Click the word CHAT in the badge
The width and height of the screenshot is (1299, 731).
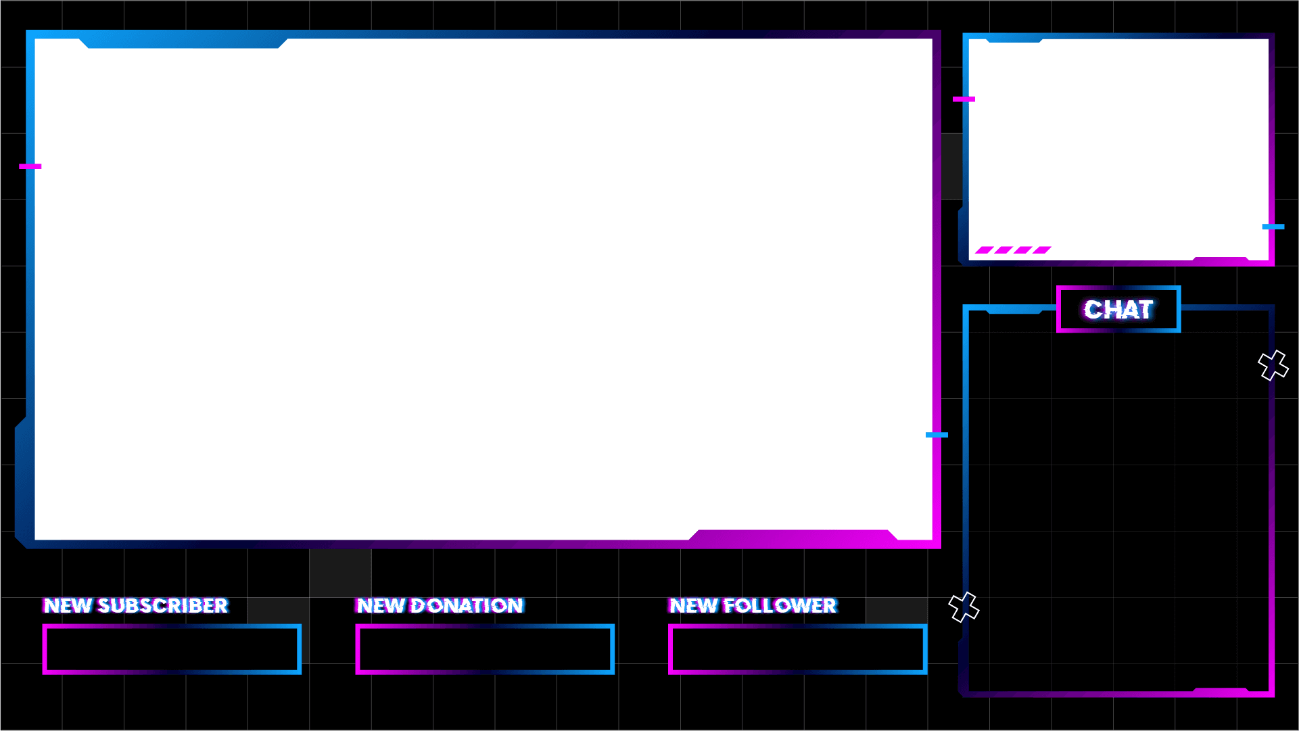pyautogui.click(x=1118, y=310)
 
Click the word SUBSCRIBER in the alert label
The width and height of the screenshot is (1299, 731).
pyautogui.click(x=163, y=605)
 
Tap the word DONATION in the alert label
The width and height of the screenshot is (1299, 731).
pyautogui.click(x=467, y=605)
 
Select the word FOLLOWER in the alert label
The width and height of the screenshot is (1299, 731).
pyautogui.click(x=780, y=605)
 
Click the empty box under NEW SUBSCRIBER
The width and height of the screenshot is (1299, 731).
pyautogui.click(x=172, y=649)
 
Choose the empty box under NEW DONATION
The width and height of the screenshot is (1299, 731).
pyautogui.click(x=485, y=649)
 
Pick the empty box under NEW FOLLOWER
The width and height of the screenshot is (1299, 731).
pyautogui.click(x=797, y=649)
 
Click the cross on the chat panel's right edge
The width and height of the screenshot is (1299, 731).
pyautogui.click(x=1273, y=365)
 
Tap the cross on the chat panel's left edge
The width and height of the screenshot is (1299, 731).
pyautogui.click(x=964, y=607)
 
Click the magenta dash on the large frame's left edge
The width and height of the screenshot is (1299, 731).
pyautogui.click(x=30, y=166)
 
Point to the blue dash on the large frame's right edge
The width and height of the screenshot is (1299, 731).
pyautogui.click(x=937, y=435)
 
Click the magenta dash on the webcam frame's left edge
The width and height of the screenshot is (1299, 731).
pyautogui.click(x=964, y=99)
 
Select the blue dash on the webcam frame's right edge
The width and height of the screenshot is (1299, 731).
pyautogui.click(x=1273, y=227)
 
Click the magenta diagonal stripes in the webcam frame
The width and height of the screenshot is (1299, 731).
pyautogui.click(x=1013, y=250)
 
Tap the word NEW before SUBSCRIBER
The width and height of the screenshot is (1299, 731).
pyautogui.click(x=68, y=605)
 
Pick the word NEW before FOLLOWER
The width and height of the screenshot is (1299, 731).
pyautogui.click(x=693, y=605)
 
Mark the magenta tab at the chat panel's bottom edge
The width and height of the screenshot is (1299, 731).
pyautogui.click(x=1221, y=690)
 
